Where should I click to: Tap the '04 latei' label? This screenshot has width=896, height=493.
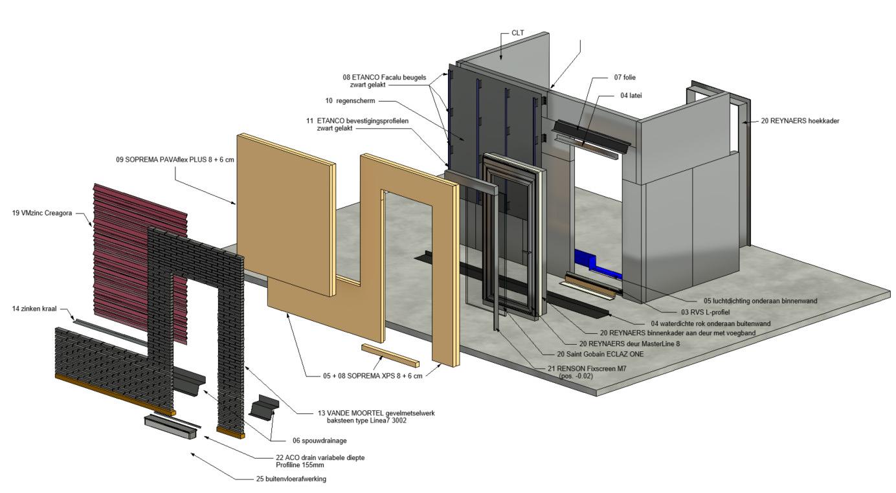point(631,95)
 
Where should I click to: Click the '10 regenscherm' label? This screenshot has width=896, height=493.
point(350,100)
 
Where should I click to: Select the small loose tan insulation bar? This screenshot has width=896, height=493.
point(390,355)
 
